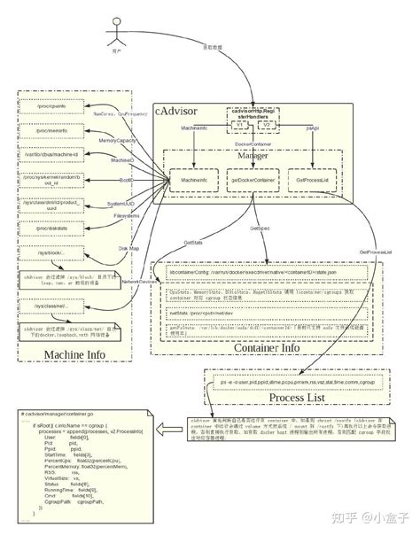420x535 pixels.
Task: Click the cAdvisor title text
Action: (178, 112)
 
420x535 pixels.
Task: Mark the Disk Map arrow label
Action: (129, 249)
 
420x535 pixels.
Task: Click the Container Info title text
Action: (267, 347)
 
